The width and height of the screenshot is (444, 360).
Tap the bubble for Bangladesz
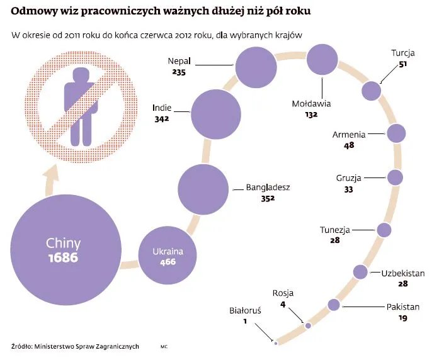click(203, 189)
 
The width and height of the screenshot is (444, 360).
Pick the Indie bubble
click(216, 113)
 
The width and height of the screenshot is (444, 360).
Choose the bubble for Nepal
click(256, 67)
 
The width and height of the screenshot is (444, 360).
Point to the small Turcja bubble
click(372, 91)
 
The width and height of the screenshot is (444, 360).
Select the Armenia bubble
click(396, 134)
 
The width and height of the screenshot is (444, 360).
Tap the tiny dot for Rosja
click(308, 325)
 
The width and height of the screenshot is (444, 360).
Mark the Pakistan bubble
click(334, 305)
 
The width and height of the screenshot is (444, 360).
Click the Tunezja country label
click(334, 230)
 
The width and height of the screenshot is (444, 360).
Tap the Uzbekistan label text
click(403, 273)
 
